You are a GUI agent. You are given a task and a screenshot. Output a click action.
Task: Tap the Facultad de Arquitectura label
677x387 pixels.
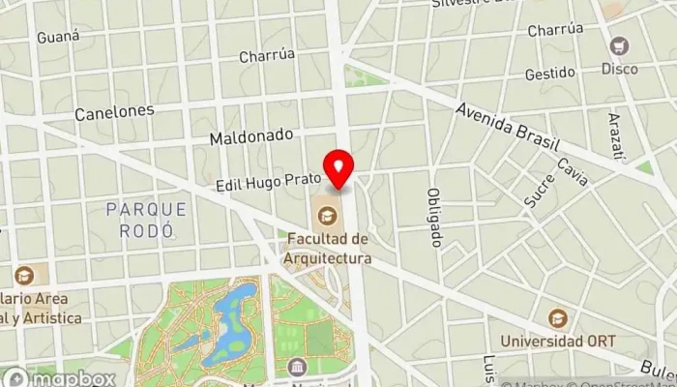pyautogui.click(x=328, y=249)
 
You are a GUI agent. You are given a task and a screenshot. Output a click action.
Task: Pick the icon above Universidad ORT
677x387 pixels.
pyautogui.click(x=556, y=317)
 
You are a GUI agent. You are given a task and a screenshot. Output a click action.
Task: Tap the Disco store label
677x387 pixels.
pyautogui.click(x=619, y=69)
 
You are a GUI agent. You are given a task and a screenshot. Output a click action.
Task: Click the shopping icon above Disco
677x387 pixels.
pyautogui.click(x=619, y=45)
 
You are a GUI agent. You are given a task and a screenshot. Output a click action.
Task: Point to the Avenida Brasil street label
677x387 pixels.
pyautogui.click(x=509, y=126)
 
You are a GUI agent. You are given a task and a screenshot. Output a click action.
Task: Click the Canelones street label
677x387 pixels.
pyautogui.click(x=114, y=111)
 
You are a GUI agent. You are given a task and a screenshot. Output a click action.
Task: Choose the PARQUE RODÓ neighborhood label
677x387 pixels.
pyautogui.click(x=147, y=220)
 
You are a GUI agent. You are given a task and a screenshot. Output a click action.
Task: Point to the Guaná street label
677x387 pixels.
pyautogui.click(x=55, y=37)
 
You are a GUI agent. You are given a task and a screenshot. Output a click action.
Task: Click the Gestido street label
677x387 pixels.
pyautogui.click(x=549, y=74)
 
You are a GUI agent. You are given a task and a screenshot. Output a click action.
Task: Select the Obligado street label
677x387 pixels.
pyautogui.click(x=435, y=216)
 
